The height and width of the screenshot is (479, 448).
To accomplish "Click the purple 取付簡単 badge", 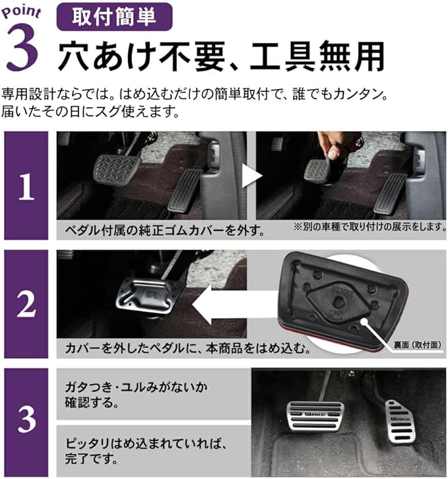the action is coord(115,16).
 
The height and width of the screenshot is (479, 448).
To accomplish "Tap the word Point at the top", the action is coord(21,12).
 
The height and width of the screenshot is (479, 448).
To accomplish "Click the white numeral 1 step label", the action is coord(26,187).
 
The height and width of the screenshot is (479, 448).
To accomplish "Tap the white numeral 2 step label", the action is coord(26,304).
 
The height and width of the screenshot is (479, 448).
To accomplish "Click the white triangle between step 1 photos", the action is coord(251,176).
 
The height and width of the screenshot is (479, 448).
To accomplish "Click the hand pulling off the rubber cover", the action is coord(333,146).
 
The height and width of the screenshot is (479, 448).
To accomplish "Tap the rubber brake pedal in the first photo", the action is coord(116,168).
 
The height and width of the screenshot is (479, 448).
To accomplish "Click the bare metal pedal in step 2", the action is coord(146,296).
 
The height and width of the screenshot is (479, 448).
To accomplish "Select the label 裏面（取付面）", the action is coord(418,345).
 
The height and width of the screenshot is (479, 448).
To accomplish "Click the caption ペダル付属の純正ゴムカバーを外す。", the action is coord(165,230).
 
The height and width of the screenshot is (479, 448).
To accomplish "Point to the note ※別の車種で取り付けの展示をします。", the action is coord(369,227).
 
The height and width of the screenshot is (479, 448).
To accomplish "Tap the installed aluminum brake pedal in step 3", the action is coord(315,416).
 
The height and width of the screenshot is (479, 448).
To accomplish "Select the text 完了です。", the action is coord(91,459).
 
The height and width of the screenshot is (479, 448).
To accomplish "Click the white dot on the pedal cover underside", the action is coord(364,321).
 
